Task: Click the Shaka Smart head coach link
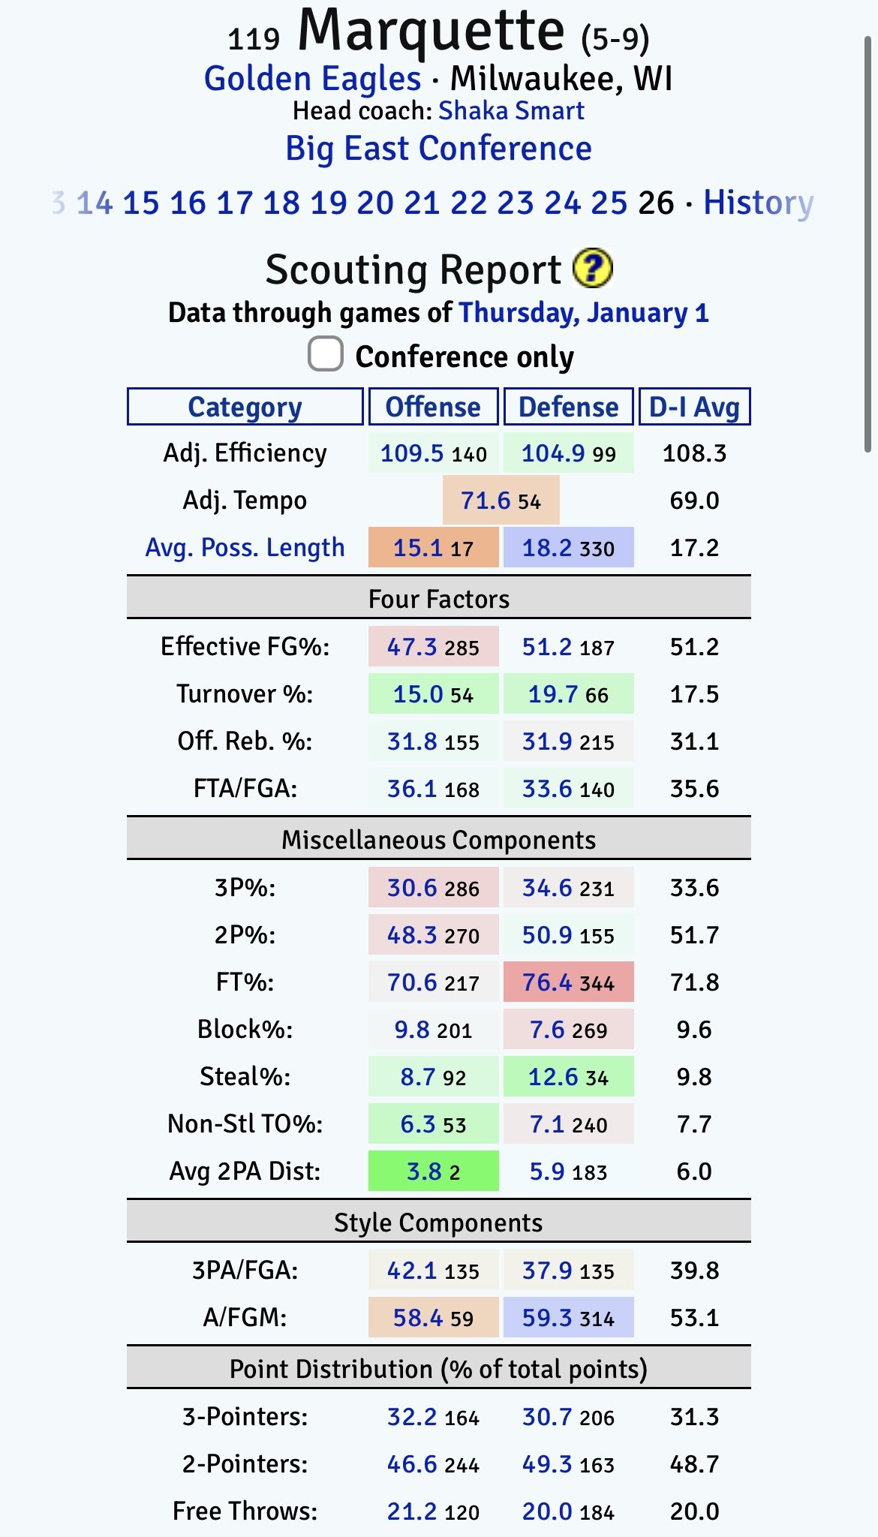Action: coord(510,111)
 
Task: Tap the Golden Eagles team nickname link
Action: coord(312,79)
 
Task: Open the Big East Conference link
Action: coord(438,149)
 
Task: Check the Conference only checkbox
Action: coord(326,354)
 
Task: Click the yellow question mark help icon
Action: coord(592,269)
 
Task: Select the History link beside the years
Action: coord(758,203)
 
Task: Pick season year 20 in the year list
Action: coord(374,203)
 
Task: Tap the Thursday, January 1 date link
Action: coord(583,312)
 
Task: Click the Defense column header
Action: coord(568,407)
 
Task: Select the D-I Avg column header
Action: coord(693,407)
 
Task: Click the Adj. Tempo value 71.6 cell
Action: coord(501,501)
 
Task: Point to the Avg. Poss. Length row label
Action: coord(245,548)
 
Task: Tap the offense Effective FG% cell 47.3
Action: coord(433,647)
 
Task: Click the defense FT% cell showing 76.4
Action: coord(568,982)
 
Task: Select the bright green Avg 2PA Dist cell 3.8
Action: coord(433,1172)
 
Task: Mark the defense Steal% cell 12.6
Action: coord(568,1077)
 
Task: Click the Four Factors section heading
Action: coord(438,599)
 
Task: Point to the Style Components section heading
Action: coord(438,1223)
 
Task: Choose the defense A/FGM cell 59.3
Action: coord(568,1318)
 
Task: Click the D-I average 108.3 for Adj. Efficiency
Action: coord(694,453)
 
